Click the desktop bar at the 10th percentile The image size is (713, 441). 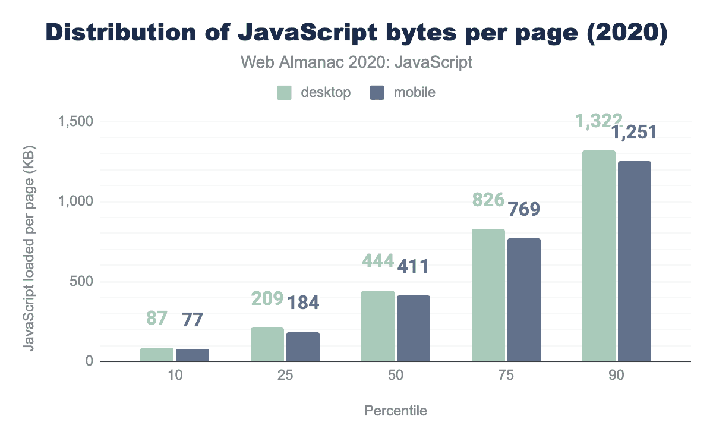point(157,354)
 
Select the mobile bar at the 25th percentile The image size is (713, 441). point(303,346)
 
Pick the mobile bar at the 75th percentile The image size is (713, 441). point(524,300)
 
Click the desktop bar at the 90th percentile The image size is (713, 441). point(599,256)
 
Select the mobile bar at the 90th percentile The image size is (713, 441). point(635,262)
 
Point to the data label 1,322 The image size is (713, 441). point(598,121)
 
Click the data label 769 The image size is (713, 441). point(523,209)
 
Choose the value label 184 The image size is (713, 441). point(303,303)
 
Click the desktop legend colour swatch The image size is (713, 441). point(284,93)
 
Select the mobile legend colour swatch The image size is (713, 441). point(377,93)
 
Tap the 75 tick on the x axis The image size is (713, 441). point(506,376)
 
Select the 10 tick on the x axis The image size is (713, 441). point(175,376)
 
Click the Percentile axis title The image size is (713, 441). point(395,411)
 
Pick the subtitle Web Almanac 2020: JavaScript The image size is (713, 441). point(356,62)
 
